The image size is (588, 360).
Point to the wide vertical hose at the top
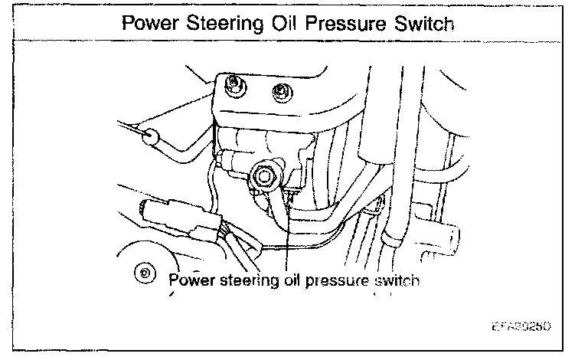(x=387, y=115)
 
